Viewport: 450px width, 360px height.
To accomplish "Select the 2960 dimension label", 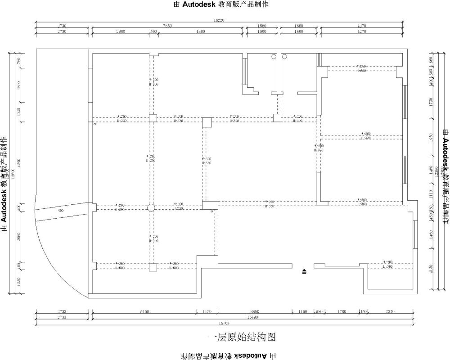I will tap(120, 31).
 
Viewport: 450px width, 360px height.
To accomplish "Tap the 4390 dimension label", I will tap(200, 31).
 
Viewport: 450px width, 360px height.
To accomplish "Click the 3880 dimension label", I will tap(255, 311).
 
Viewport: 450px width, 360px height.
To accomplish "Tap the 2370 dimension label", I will tap(389, 311).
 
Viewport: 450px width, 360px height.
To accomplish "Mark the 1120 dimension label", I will tap(207, 311).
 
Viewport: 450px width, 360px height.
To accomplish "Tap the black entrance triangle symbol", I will tap(305, 271).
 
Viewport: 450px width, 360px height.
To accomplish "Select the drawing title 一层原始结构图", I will tap(243, 337).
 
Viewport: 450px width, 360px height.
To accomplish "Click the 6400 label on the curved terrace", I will tap(60, 211).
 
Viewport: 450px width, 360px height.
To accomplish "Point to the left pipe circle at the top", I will tap(273, 57).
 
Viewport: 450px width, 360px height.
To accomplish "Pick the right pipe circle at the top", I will tap(284, 57).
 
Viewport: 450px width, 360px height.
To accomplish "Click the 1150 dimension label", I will tap(302, 311).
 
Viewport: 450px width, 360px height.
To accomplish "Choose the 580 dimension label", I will tap(319, 311).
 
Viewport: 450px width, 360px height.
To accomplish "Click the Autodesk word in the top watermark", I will tap(198, 4).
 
